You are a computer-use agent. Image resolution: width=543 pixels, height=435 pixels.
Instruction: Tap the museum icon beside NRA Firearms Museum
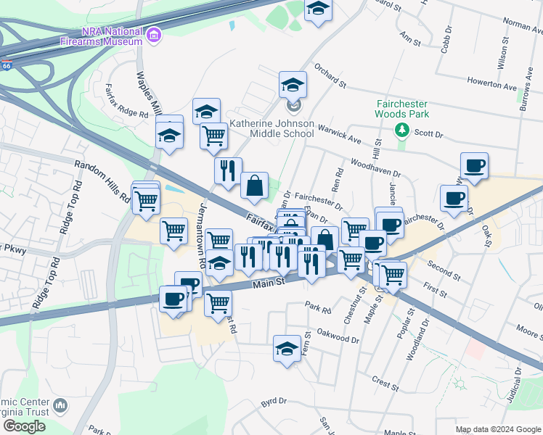tap(153, 36)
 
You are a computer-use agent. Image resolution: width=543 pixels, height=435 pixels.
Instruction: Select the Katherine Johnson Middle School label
tap(271, 129)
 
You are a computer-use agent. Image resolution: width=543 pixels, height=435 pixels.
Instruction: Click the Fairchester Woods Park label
tap(401, 109)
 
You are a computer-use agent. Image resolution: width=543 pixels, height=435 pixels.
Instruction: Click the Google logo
tap(23, 426)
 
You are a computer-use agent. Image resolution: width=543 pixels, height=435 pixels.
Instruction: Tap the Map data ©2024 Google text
tap(498, 429)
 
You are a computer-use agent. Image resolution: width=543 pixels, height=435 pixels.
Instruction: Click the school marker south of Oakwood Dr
tap(287, 349)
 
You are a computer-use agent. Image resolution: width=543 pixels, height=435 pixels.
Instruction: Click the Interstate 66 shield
tap(6, 65)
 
